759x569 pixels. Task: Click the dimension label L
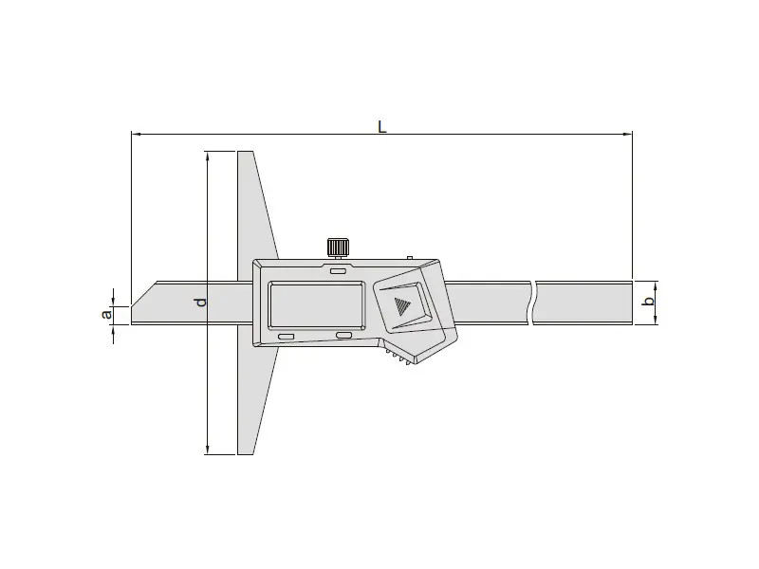pyautogui.click(x=382, y=127)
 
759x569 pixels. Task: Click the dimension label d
pyautogui.click(x=202, y=302)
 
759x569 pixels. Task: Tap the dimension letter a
pyautogui.click(x=106, y=315)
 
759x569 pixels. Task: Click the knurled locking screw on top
pyautogui.click(x=338, y=248)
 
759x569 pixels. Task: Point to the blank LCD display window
pyautogui.click(x=316, y=304)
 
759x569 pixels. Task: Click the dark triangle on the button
pyautogui.click(x=401, y=305)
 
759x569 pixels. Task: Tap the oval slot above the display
pyautogui.click(x=338, y=271)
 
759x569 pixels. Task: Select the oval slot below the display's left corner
pyautogui.click(x=286, y=337)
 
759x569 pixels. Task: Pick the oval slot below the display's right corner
pyautogui.click(x=344, y=336)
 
